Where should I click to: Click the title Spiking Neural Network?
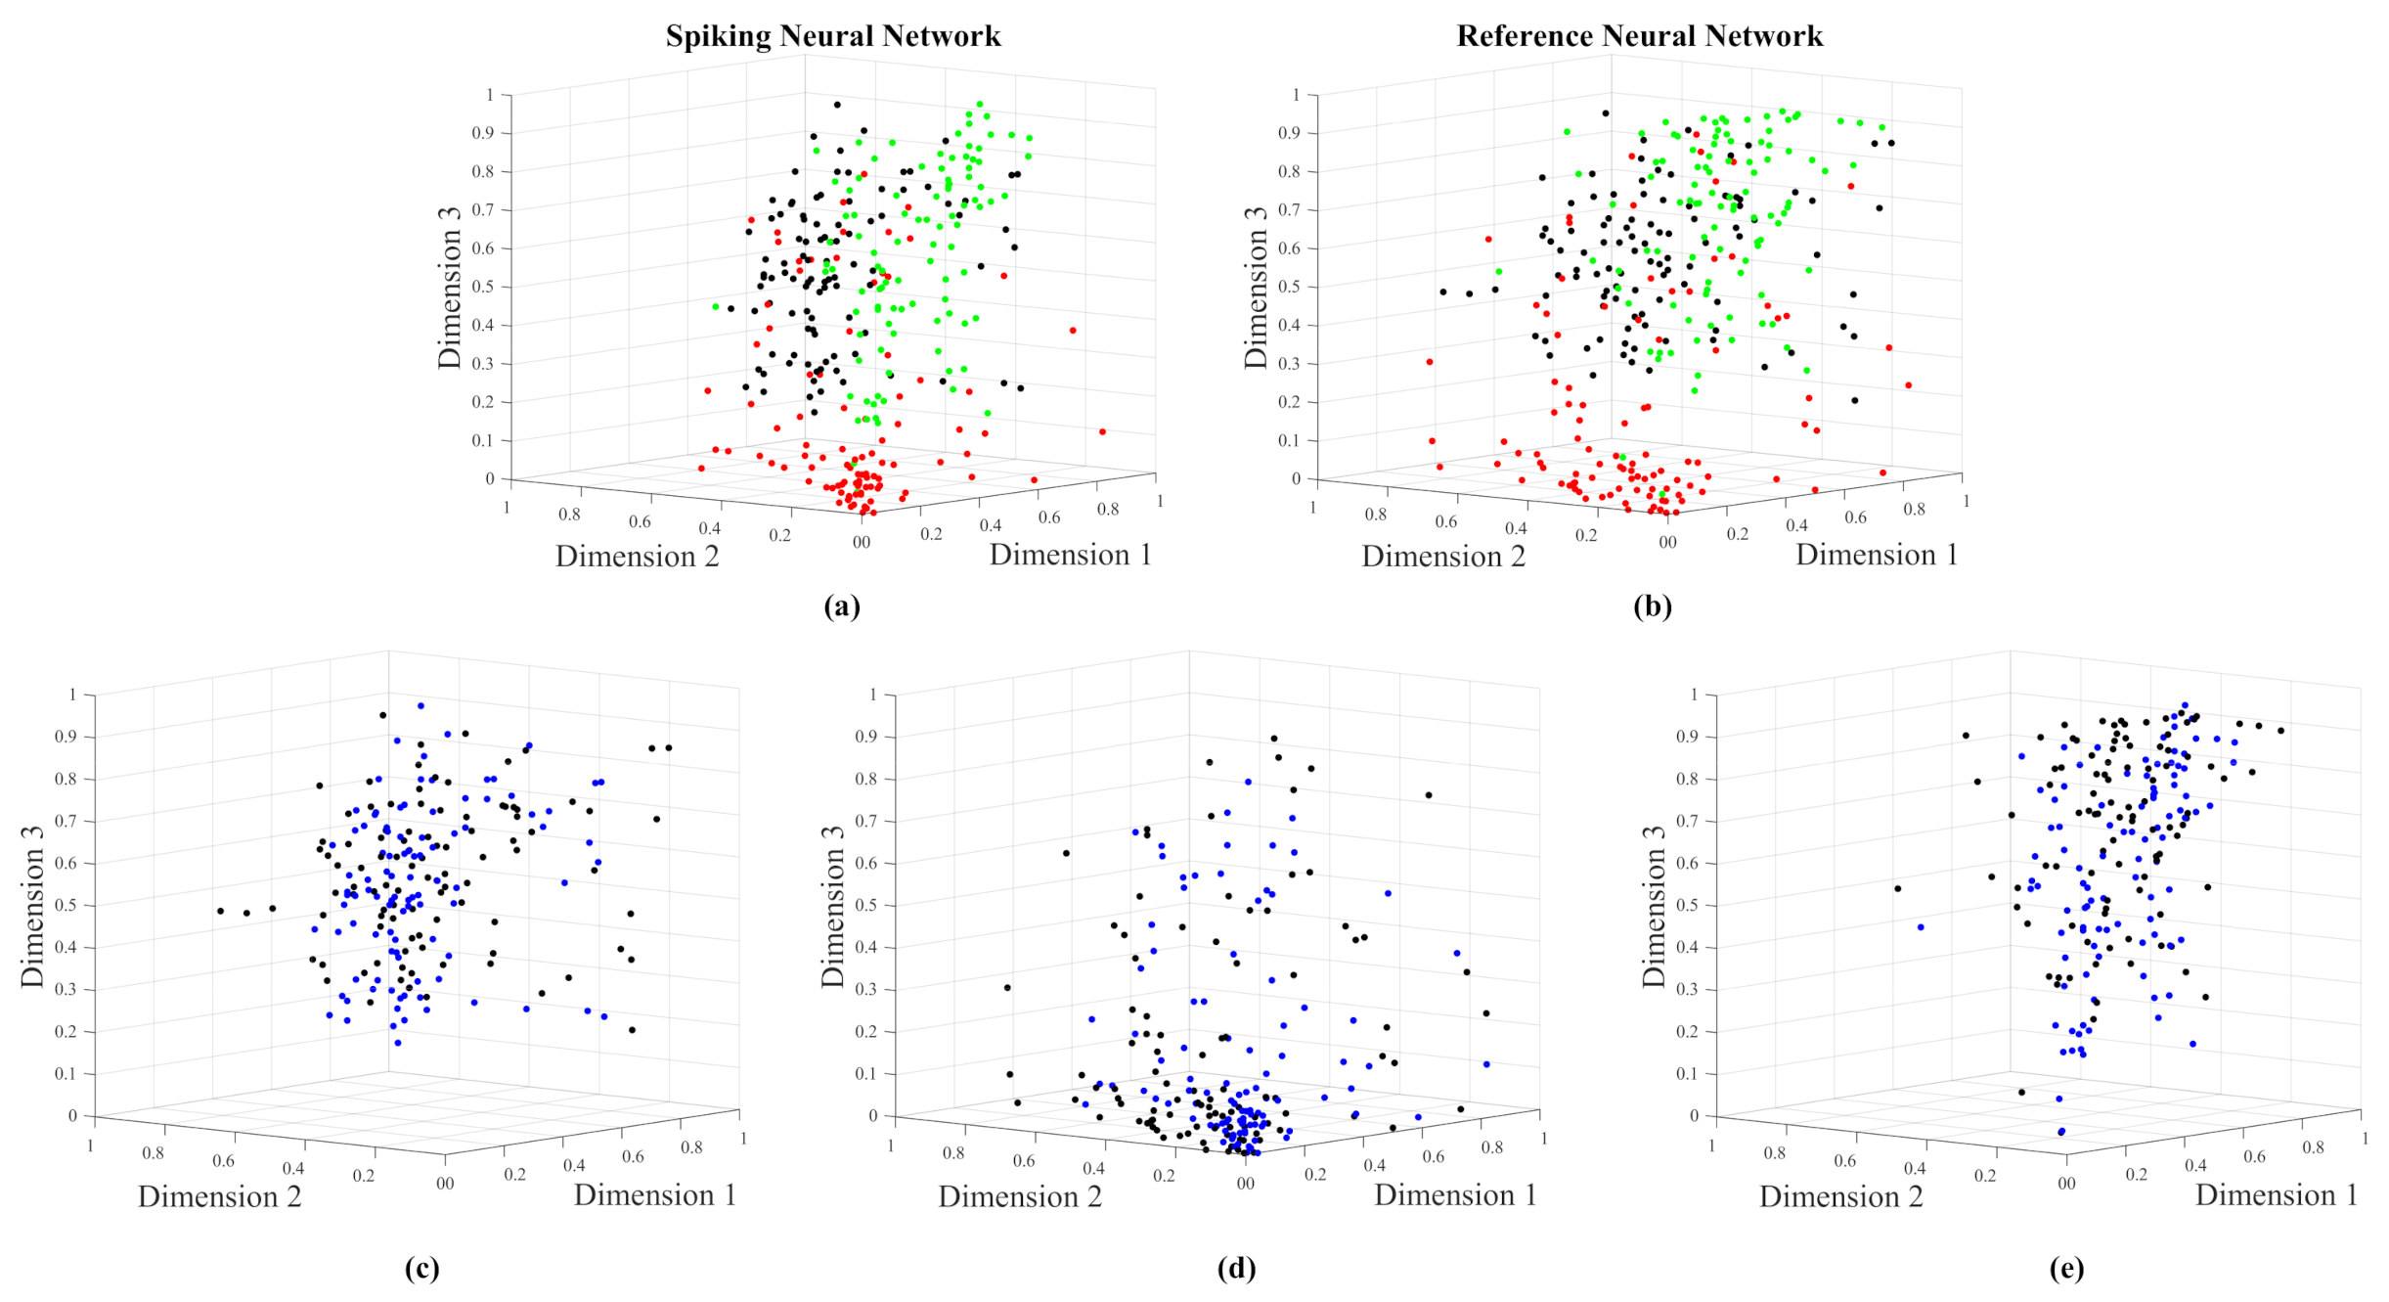833,36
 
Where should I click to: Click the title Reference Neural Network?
1639,36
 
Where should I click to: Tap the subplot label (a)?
842,606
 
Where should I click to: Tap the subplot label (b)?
1653,606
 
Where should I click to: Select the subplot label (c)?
421,1269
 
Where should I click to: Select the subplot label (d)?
1236,1269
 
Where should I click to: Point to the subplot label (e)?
2066,1269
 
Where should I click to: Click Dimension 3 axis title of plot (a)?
450,287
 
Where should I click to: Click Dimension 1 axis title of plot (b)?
1877,555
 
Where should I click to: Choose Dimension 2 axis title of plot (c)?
219,1196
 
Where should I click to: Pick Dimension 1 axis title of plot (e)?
2277,1194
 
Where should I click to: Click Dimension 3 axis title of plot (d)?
833,907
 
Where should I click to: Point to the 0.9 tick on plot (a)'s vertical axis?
484,133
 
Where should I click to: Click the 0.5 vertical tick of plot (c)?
66,905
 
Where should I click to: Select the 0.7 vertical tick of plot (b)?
1290,209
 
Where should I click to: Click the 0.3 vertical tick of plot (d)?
865,989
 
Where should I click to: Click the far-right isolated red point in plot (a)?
1102,431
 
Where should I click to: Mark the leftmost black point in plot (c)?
220,911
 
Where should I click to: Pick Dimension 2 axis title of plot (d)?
1020,1196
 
